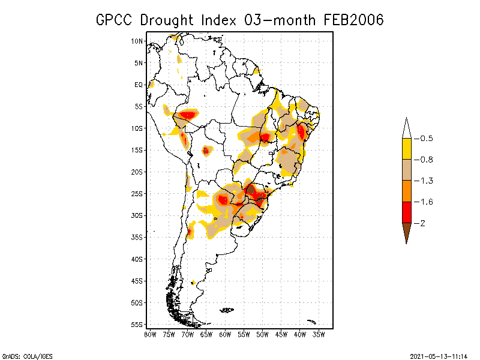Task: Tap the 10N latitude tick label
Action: (x=137, y=41)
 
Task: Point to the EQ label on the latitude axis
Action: (x=139, y=85)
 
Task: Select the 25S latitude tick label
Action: (x=137, y=193)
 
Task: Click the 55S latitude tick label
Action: (x=137, y=324)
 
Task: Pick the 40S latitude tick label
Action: (x=137, y=259)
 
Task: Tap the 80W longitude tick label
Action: (x=150, y=334)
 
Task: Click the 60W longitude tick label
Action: (x=225, y=334)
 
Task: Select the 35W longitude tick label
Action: (x=319, y=334)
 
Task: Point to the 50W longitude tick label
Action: (x=262, y=334)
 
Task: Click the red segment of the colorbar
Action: (x=406, y=212)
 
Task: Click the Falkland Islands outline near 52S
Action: (x=227, y=310)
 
